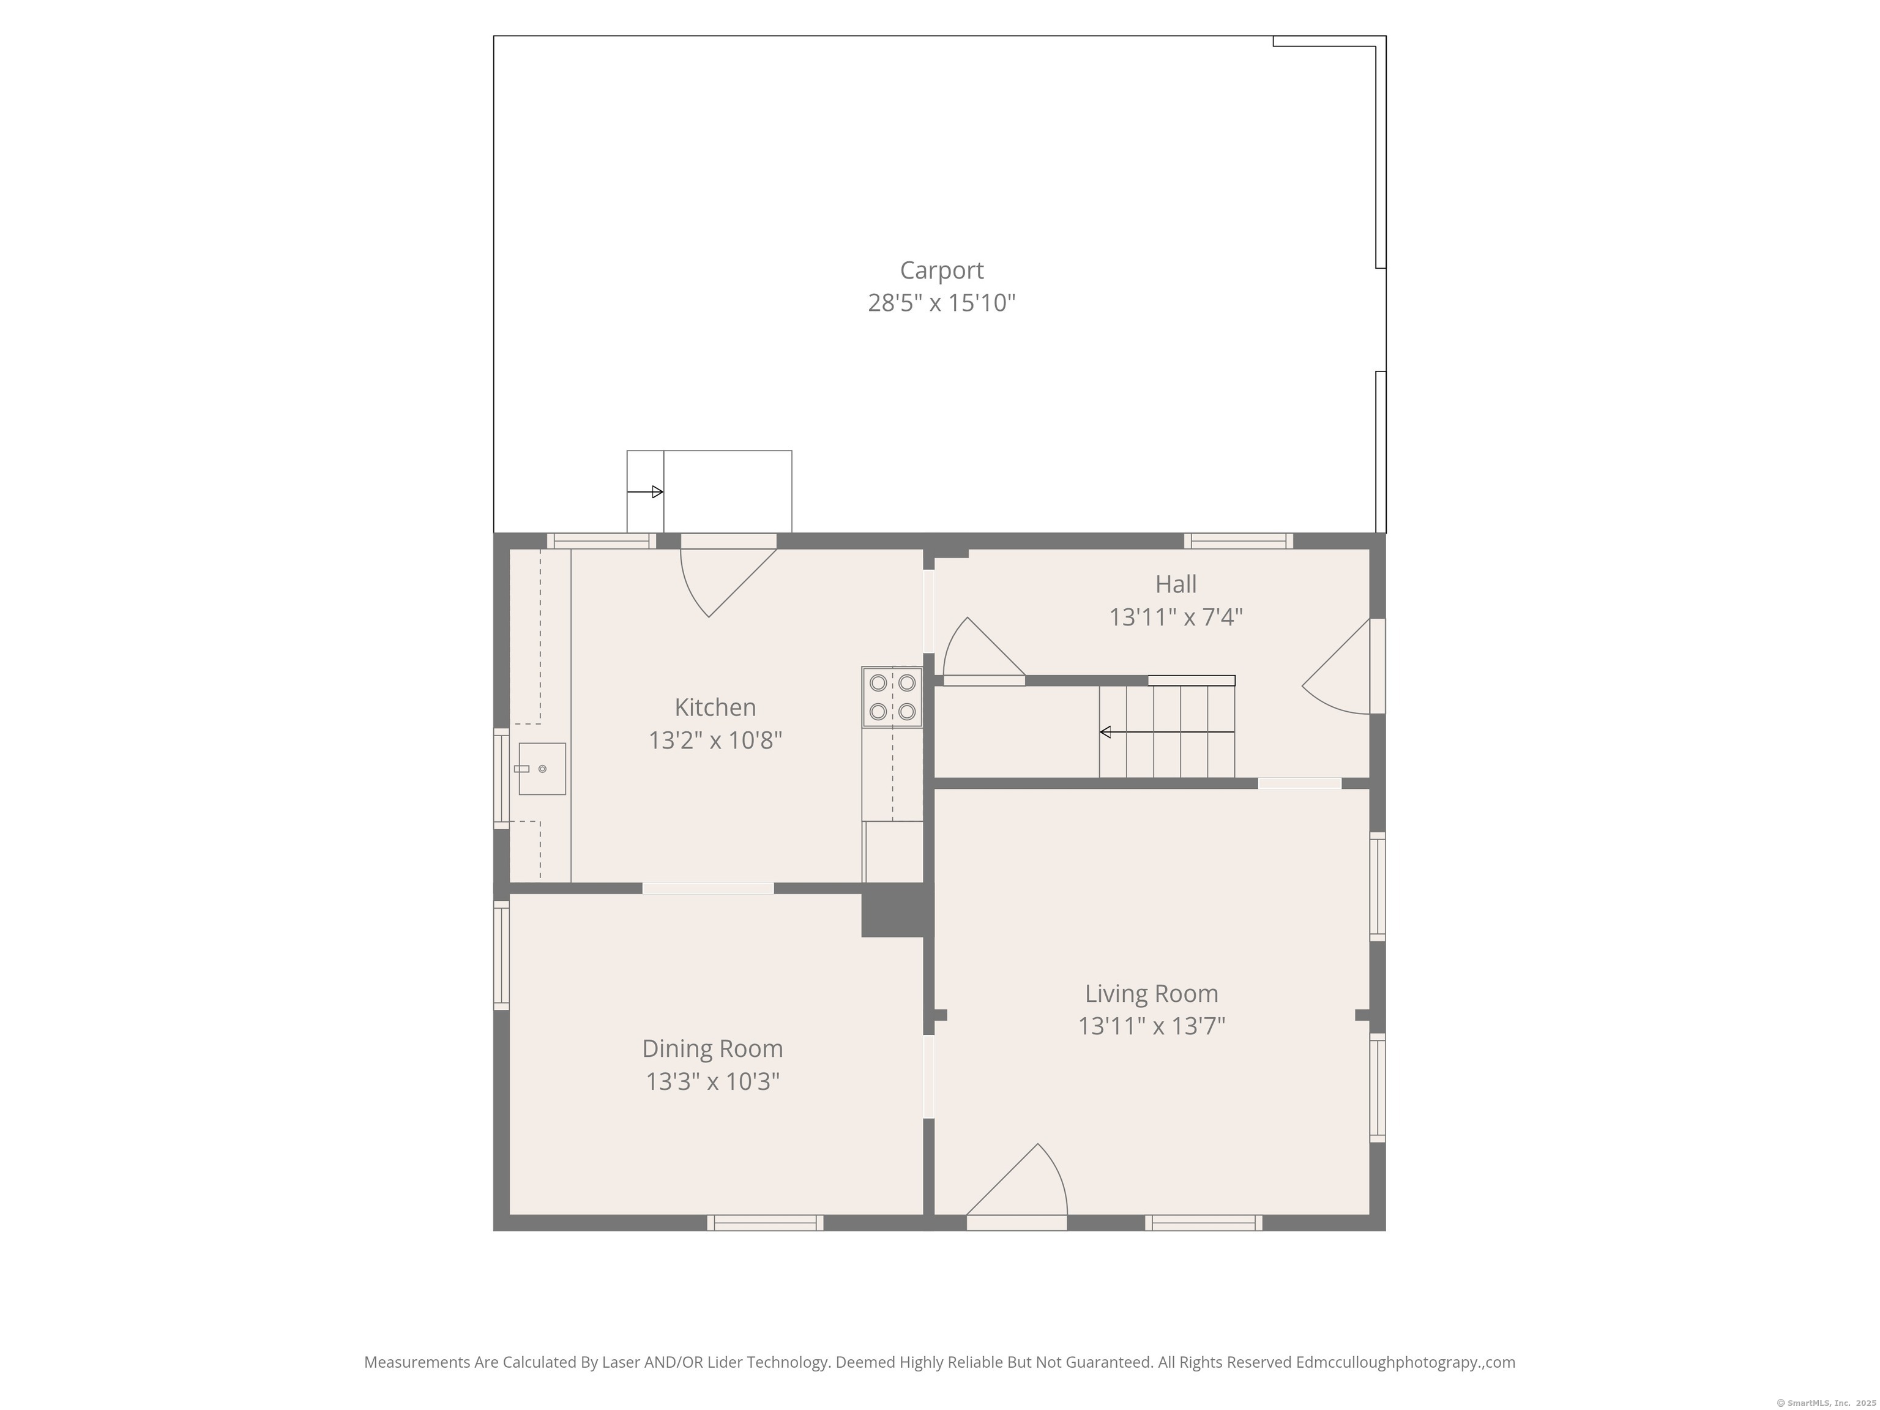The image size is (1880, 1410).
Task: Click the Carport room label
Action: point(942,270)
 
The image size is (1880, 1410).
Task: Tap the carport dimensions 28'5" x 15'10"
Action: point(942,302)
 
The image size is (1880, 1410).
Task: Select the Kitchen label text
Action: point(715,707)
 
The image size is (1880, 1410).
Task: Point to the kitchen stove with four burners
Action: point(892,697)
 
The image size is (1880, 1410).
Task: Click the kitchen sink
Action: point(542,768)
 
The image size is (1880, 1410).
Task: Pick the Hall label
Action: point(1176,584)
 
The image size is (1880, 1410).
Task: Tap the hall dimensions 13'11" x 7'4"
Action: point(1176,617)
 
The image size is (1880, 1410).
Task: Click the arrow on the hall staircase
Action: point(1167,732)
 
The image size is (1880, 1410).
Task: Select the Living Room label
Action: point(1152,993)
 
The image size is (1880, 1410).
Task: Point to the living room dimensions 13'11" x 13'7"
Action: point(1152,1027)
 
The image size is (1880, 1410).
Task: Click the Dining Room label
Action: point(712,1049)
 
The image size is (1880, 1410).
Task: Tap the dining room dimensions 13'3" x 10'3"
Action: point(712,1082)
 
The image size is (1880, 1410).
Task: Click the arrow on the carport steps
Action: point(644,492)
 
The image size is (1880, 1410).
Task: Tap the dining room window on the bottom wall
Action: point(765,1223)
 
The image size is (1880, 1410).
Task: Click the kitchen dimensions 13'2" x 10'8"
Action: point(715,740)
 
